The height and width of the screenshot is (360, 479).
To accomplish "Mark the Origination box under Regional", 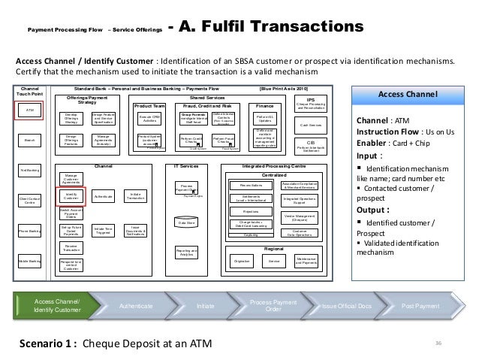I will click(243, 261).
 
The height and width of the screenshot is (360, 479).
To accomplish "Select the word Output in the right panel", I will click(373, 209).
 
